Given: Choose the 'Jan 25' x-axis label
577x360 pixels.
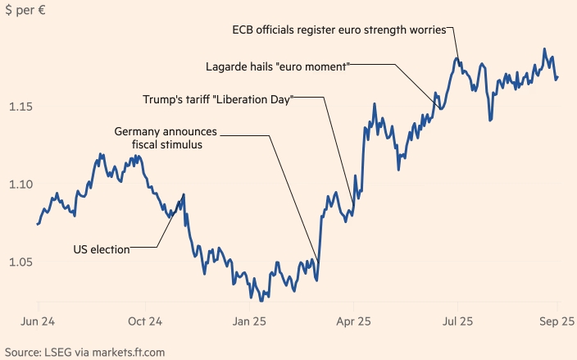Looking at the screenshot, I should (x=250, y=322).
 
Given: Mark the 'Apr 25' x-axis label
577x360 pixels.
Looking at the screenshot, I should (x=353, y=322).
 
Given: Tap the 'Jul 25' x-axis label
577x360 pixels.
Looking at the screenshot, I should (x=457, y=322).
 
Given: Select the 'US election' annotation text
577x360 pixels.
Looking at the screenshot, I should (x=102, y=249).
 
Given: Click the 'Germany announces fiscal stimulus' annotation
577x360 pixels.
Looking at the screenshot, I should (x=166, y=138).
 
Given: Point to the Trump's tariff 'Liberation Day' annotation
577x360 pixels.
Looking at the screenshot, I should (x=217, y=99).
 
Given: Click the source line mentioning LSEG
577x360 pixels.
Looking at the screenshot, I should (x=84, y=351).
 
